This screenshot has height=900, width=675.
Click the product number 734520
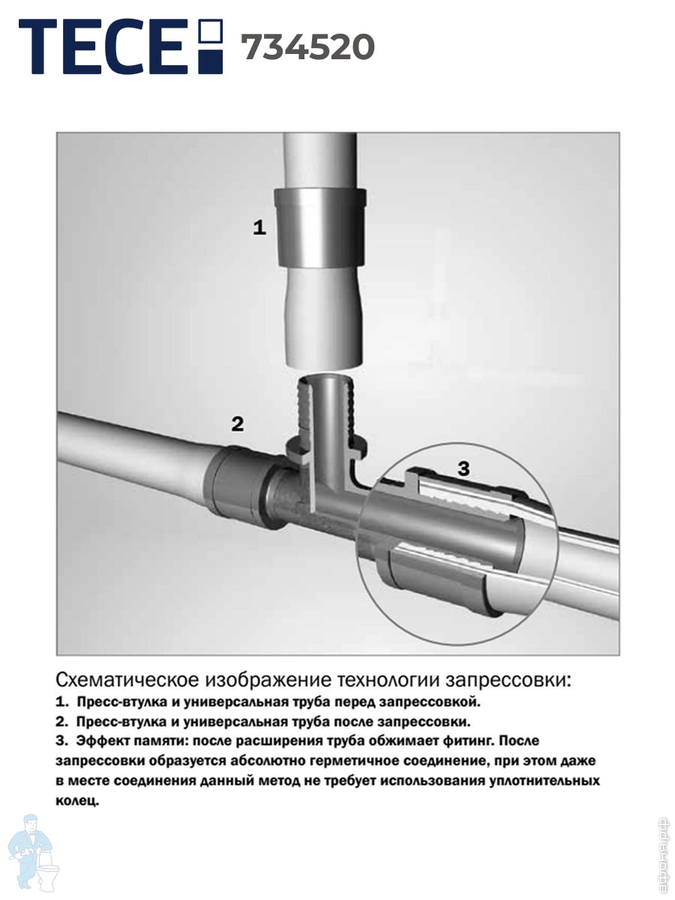[307, 47]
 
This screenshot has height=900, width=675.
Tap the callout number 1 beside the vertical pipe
[259, 227]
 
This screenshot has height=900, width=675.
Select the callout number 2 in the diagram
[238, 424]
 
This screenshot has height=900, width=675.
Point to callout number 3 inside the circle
[463, 468]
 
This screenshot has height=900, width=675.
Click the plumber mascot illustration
[34, 855]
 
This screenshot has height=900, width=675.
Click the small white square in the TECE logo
[211, 30]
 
